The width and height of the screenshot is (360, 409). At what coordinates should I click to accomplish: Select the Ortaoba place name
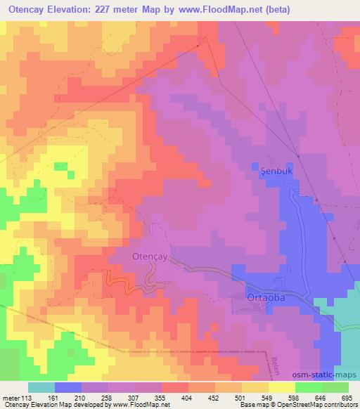click(x=266, y=299)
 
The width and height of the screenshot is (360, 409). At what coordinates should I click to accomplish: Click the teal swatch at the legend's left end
click(x=41, y=387)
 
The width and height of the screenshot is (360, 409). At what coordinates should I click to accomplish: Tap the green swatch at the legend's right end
click(x=335, y=387)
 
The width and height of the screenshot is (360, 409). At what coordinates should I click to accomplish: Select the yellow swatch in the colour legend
click(x=281, y=387)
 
